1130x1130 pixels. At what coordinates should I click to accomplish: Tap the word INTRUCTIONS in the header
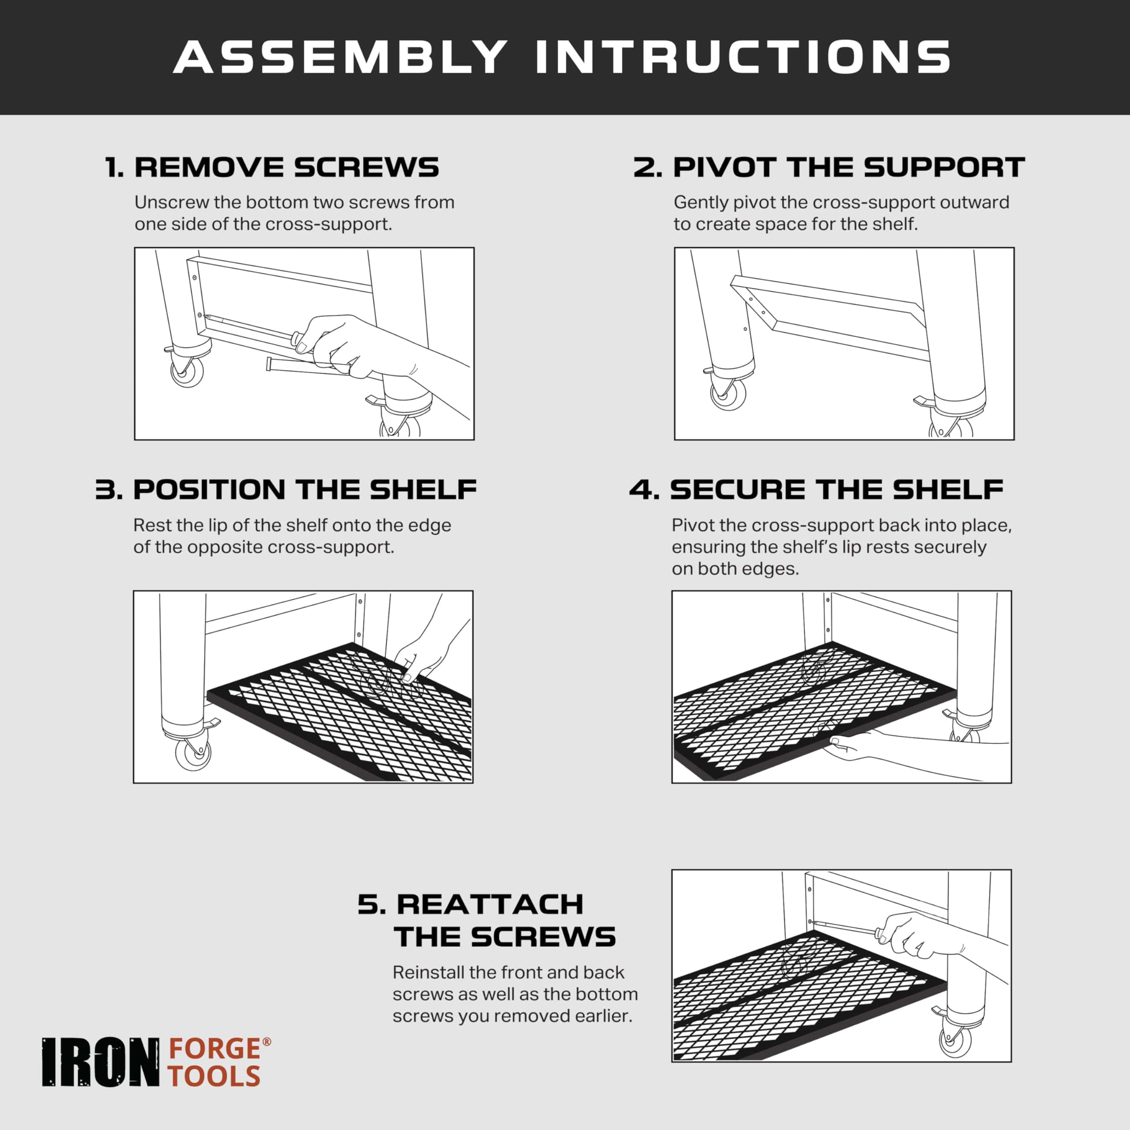coord(743,57)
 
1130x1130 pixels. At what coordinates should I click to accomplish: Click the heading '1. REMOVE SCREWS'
coord(272,167)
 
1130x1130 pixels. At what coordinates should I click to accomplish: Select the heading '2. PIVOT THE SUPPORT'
coord(829,167)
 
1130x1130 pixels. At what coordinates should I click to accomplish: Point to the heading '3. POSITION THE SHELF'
coord(286,490)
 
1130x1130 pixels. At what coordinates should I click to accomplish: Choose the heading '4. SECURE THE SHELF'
coord(817,490)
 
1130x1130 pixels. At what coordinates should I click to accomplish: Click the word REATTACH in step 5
coord(490,904)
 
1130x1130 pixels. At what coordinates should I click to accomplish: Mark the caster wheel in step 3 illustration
coord(193,754)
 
